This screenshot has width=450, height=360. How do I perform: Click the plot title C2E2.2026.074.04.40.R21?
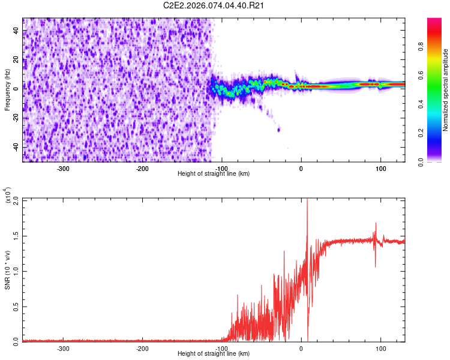click(x=214, y=5)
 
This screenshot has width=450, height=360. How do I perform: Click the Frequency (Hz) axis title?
click(x=7, y=90)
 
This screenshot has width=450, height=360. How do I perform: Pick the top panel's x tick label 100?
click(x=380, y=168)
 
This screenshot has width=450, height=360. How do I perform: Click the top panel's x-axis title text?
click(x=214, y=173)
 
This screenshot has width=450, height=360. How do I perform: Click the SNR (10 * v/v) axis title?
click(x=8, y=270)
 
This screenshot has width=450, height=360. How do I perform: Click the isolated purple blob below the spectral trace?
click(x=278, y=129)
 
